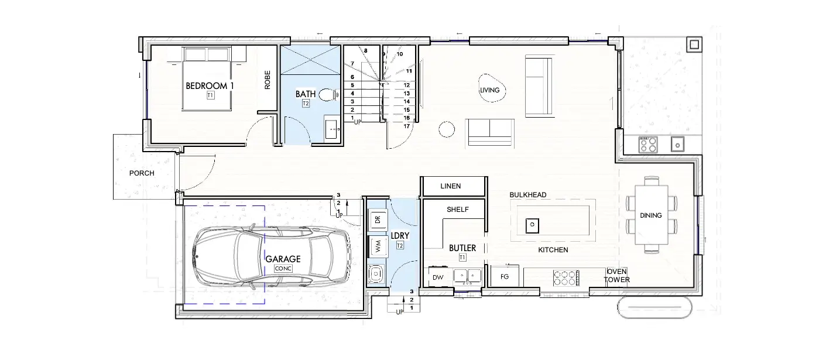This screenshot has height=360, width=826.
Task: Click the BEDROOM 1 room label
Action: (x=210, y=86)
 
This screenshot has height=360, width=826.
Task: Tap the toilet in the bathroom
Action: (x=328, y=95)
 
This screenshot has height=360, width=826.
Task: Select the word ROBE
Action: (x=268, y=80)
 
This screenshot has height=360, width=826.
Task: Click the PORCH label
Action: (x=142, y=173)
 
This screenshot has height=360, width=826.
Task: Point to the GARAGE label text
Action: (x=283, y=259)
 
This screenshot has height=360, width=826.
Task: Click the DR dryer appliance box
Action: (x=378, y=220)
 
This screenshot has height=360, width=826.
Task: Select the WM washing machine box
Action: (x=378, y=246)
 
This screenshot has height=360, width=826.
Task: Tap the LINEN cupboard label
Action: (x=450, y=186)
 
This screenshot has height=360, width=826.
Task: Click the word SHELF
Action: (x=458, y=210)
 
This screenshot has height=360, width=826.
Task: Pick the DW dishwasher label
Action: (x=438, y=277)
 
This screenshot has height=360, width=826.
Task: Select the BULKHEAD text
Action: (x=528, y=195)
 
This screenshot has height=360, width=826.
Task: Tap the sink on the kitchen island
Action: (x=532, y=225)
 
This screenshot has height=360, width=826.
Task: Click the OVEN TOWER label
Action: (x=616, y=276)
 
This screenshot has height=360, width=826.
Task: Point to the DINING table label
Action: (x=651, y=215)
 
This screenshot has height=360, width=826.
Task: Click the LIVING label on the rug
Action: (x=490, y=90)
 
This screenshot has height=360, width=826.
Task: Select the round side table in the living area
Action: (x=447, y=129)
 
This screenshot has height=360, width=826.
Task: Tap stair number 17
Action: (x=407, y=126)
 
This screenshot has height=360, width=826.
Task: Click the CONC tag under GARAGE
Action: (x=283, y=269)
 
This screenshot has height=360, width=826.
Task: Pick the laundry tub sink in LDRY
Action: (x=376, y=274)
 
